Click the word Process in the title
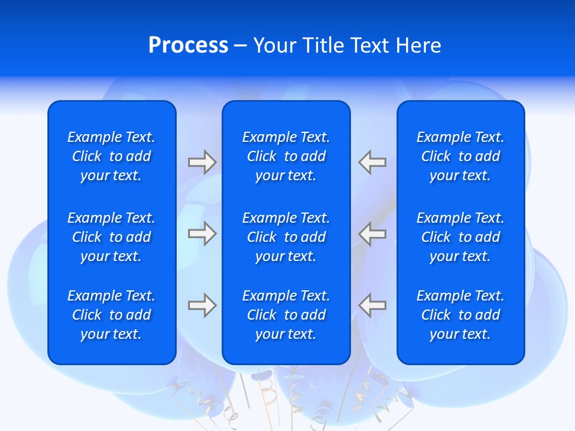coord(188,45)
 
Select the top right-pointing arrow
coord(202,162)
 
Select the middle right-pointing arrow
coord(202,233)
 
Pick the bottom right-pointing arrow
coord(202,305)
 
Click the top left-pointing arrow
coord(373,162)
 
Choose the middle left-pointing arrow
coord(373,233)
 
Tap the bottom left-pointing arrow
coord(373,305)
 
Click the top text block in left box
coord(111,156)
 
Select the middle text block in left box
coord(111,237)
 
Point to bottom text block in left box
coord(111,315)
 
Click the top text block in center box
coord(286,156)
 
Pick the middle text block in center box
coord(286,237)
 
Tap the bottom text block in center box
coord(286,315)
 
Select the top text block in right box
coord(460,156)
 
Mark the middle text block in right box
coord(460,237)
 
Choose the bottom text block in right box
coord(460,315)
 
